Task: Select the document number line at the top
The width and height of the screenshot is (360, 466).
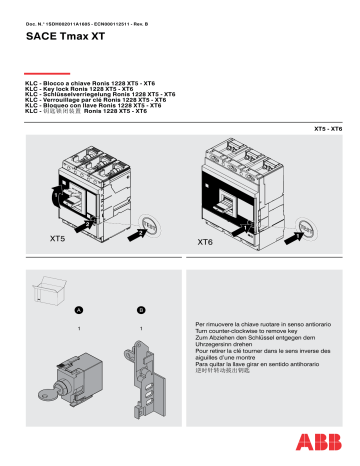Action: tap(89, 9)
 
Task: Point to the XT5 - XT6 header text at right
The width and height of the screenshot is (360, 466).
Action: tap(327, 130)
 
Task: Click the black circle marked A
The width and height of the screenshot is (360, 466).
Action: tap(78, 310)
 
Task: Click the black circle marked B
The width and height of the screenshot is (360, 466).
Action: tap(142, 310)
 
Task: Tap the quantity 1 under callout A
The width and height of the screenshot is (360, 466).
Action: tap(78, 328)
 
